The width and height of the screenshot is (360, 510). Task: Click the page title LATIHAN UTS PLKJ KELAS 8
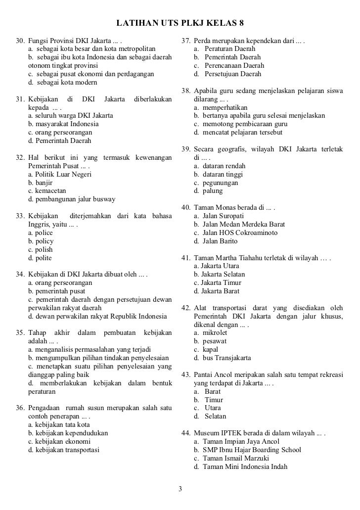pyautogui.click(x=180, y=24)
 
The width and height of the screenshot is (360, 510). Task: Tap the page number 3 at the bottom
pyautogui.click(x=180, y=490)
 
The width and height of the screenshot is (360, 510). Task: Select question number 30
pyautogui.click(x=20, y=40)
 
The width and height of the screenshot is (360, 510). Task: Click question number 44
pyautogui.click(x=186, y=433)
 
